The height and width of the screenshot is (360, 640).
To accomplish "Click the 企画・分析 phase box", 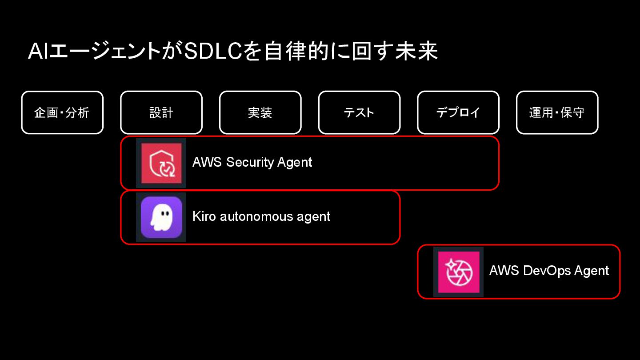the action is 62,112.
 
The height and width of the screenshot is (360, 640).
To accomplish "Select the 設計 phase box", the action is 161,112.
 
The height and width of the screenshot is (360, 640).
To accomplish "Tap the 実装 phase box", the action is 260,112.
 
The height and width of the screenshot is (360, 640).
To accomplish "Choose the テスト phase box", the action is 359,112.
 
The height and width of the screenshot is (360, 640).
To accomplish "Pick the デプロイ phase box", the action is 458,112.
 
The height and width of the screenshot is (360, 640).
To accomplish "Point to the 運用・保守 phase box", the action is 557,112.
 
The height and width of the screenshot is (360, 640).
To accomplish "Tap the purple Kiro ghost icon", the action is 161,217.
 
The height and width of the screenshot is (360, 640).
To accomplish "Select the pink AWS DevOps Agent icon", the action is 458,272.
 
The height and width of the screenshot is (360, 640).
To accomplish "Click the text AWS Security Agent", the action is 252,162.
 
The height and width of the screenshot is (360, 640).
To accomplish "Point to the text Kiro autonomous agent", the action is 261,216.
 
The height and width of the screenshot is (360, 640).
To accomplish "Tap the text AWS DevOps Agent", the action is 549,271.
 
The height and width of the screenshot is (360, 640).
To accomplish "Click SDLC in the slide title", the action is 213,52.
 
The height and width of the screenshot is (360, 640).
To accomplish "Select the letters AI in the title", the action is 38,52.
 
